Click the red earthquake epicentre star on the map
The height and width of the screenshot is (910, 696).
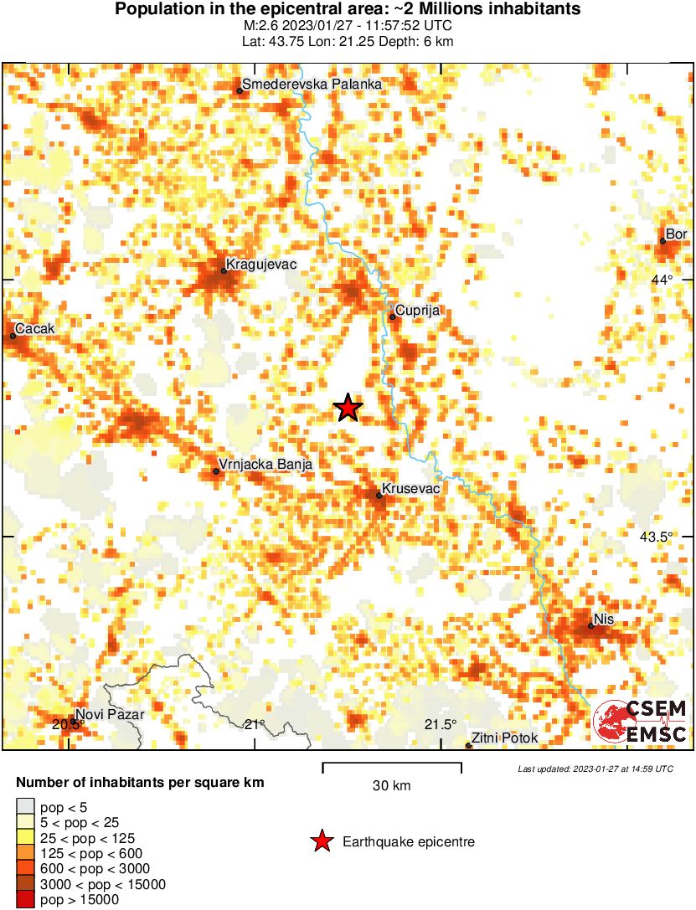tap(348, 409)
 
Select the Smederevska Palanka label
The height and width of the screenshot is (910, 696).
tap(312, 85)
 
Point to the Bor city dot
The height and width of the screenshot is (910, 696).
tap(662, 241)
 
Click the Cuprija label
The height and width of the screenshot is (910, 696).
tap(418, 311)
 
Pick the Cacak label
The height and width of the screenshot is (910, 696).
tap(34, 329)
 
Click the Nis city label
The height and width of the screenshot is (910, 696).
tap(603, 620)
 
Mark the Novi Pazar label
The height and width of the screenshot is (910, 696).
tap(110, 715)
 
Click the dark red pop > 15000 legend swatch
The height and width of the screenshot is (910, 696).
tap(25, 900)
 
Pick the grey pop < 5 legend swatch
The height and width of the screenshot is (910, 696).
tap(25, 808)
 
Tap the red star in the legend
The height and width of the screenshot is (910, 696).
tap(321, 842)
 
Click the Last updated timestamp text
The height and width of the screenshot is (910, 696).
tap(595, 769)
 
